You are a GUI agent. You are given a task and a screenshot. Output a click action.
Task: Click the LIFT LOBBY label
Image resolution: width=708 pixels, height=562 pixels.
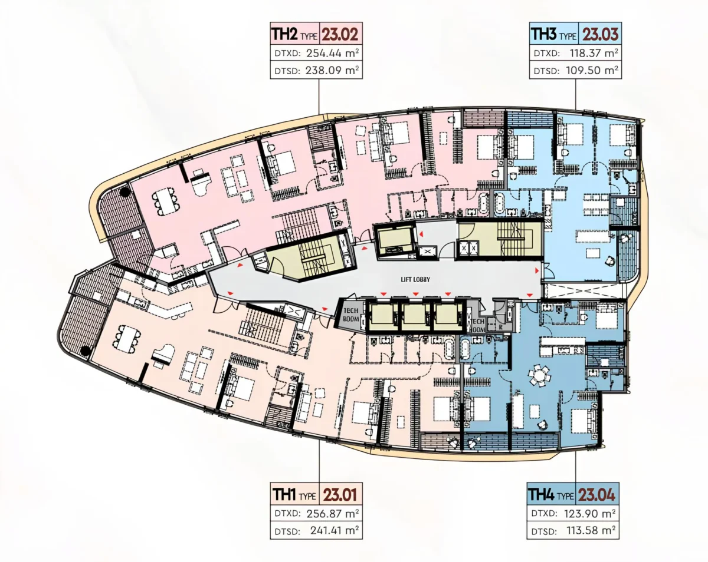(x=415, y=279)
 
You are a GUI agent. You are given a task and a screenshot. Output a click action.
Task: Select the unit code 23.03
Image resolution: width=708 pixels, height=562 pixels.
(x=600, y=34)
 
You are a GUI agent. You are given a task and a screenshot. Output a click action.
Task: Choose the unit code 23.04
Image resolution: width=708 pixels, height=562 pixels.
(x=596, y=495)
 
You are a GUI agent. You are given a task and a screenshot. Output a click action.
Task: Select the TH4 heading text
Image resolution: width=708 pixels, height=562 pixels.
(x=540, y=495)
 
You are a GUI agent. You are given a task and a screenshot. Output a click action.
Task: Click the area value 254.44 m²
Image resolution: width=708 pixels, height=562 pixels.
(x=332, y=53)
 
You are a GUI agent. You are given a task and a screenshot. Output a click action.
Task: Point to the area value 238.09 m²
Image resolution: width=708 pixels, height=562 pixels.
(x=332, y=70)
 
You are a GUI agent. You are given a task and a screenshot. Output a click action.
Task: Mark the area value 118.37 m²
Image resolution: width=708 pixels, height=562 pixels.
(x=594, y=53)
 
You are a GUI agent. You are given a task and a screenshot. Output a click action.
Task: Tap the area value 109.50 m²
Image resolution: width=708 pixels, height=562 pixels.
(x=592, y=70)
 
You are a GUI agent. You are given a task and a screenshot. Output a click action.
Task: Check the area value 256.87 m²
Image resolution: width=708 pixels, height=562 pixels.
(x=333, y=513)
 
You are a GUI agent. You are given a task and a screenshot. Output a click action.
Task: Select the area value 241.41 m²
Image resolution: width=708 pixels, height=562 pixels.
(x=335, y=530)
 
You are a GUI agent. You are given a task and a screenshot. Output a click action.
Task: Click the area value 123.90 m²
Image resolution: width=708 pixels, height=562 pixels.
(x=589, y=513)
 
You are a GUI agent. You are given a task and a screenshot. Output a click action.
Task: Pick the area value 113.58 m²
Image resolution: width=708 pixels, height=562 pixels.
(x=591, y=530)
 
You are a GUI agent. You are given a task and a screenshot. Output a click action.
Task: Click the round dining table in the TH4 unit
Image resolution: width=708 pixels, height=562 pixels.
(x=539, y=375)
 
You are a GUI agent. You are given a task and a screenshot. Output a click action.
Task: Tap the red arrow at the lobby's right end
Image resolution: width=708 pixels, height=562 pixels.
(x=537, y=270)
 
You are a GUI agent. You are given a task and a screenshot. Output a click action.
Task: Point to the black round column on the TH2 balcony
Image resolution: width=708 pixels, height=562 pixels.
(x=124, y=191)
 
